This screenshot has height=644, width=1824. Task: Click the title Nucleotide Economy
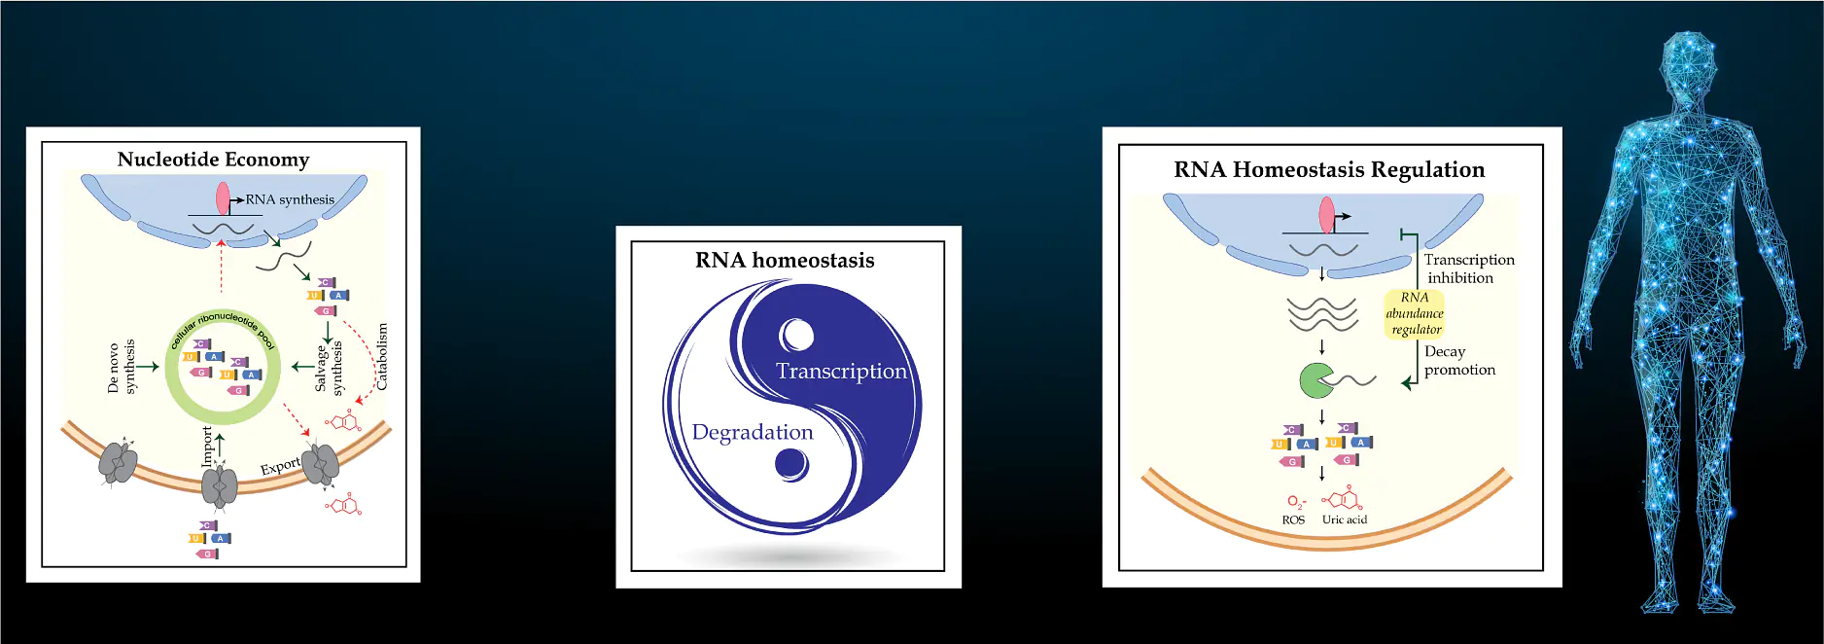coord(213,160)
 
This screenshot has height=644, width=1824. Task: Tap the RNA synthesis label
coord(290,199)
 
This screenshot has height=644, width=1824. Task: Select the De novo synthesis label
coord(123,367)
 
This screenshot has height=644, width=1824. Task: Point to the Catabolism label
coord(382,357)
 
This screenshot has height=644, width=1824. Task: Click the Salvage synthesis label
coord(330,368)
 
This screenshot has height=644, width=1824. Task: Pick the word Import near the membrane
coord(207,446)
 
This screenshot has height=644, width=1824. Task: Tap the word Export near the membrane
coord(280,466)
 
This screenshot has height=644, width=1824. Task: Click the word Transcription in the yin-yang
coord(841,371)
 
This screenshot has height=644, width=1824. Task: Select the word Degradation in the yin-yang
coord(753,432)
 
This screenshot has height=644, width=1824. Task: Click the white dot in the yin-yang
coord(797,336)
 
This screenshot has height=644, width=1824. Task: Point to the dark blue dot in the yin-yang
coord(791,465)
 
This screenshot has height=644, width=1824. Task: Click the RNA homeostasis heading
coord(785,260)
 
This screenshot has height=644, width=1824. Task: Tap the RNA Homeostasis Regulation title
coord(1329,169)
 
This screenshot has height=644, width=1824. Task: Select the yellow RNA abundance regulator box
coord(1415,313)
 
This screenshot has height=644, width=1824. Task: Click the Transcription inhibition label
coord(1469,268)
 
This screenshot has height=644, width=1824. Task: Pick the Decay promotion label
coord(1459,361)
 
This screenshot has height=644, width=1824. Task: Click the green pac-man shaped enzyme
coord(1316,380)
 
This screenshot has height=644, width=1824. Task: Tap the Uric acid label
coord(1345,519)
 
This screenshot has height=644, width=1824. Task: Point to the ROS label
coord(1293,520)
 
